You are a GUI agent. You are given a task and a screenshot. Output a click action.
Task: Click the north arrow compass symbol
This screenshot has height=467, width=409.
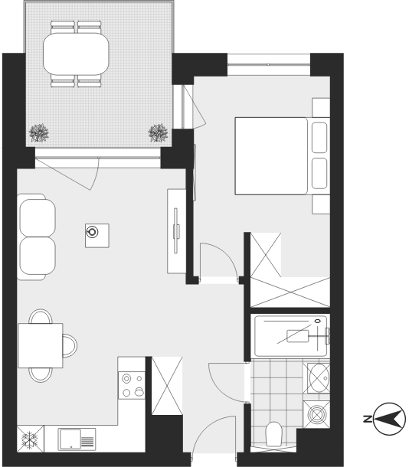(x=389, y=419)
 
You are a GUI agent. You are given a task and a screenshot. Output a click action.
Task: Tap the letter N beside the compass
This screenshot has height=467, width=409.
(x=368, y=419)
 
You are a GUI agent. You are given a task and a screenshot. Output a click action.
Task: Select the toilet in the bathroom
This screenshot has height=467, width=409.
(x=273, y=433)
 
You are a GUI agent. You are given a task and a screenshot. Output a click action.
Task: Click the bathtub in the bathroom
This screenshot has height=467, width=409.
(x=290, y=336)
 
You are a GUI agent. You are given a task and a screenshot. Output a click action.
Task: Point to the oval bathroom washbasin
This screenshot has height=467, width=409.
(x=319, y=378)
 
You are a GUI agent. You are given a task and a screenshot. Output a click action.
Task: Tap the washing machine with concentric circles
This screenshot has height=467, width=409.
(x=316, y=414)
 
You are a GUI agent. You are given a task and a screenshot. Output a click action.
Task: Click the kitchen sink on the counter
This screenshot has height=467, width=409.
(x=77, y=439)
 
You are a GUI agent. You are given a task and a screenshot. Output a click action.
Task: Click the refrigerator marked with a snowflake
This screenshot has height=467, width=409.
(x=31, y=439)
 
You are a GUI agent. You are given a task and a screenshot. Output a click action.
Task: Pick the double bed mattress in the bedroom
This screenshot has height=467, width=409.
(x=271, y=156)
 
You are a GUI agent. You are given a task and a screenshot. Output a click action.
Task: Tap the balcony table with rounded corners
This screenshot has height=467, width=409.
(x=76, y=54)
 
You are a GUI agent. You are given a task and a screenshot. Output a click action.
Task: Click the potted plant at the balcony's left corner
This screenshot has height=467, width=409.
(x=39, y=133)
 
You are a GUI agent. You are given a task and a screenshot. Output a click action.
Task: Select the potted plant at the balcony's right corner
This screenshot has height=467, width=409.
(x=158, y=133)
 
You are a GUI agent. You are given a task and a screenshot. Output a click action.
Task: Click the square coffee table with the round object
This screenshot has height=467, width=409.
(x=97, y=236)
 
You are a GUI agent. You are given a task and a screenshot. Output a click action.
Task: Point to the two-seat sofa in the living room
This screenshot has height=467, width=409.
(x=36, y=237)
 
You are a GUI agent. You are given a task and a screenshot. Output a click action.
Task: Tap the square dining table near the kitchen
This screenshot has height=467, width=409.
(x=41, y=345)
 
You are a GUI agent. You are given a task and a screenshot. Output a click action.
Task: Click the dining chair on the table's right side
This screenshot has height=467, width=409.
(x=70, y=345)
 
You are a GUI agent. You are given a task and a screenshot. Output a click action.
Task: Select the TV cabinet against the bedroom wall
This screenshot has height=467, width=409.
(x=177, y=231)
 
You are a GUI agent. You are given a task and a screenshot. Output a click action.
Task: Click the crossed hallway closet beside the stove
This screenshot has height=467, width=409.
(x=167, y=386)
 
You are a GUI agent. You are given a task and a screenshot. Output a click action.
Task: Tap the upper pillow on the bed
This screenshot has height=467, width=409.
(x=319, y=137)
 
